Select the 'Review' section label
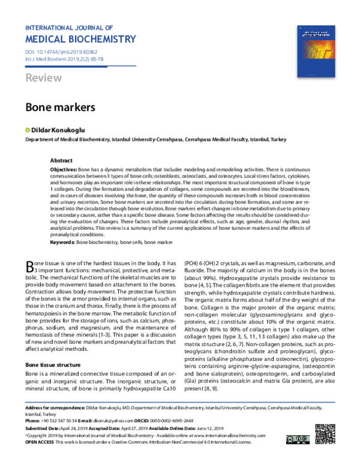click(x=43, y=79)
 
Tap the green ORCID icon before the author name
click(x=27, y=130)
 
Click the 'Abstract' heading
click(x=61, y=161)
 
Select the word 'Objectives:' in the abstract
click(x=63, y=170)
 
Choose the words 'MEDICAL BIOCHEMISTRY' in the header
click(x=81, y=40)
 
